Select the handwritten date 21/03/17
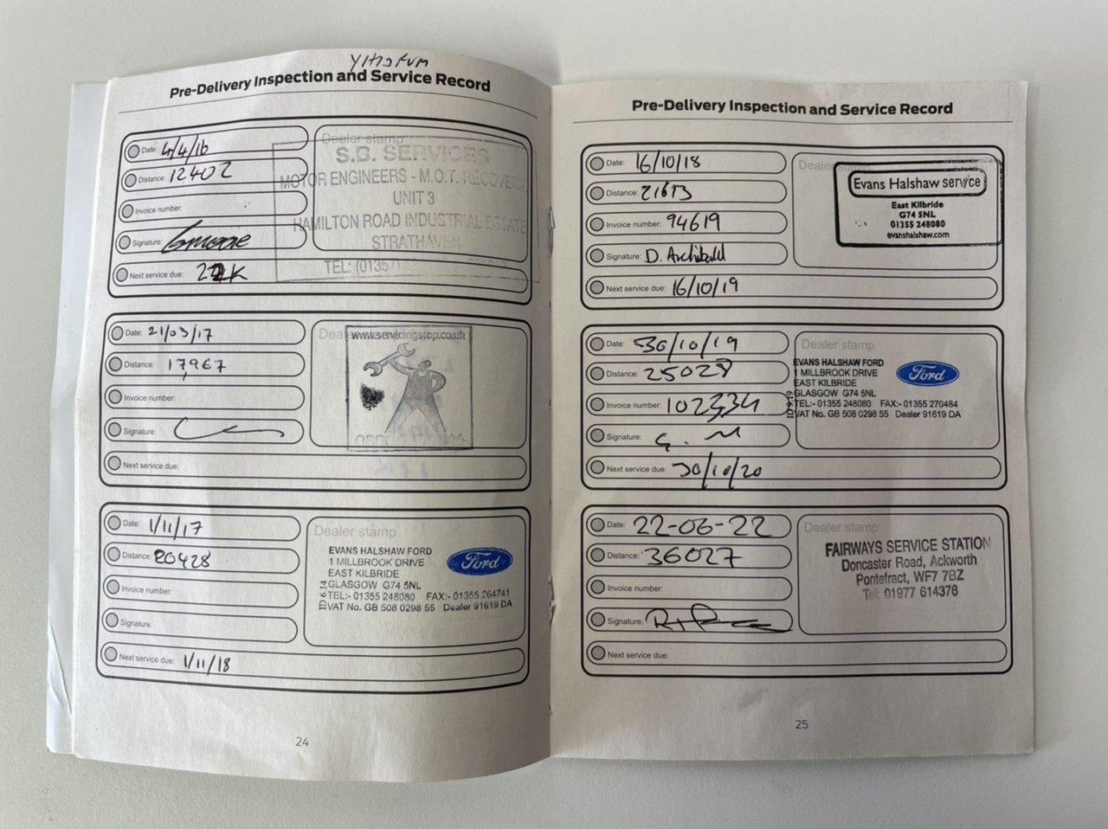point(179,333)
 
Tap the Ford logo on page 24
point(479,562)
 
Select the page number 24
point(302,741)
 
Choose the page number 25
point(802,723)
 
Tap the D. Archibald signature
point(685,255)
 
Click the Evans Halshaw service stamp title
point(916,183)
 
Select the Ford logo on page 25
point(926,375)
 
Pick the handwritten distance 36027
point(693,556)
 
